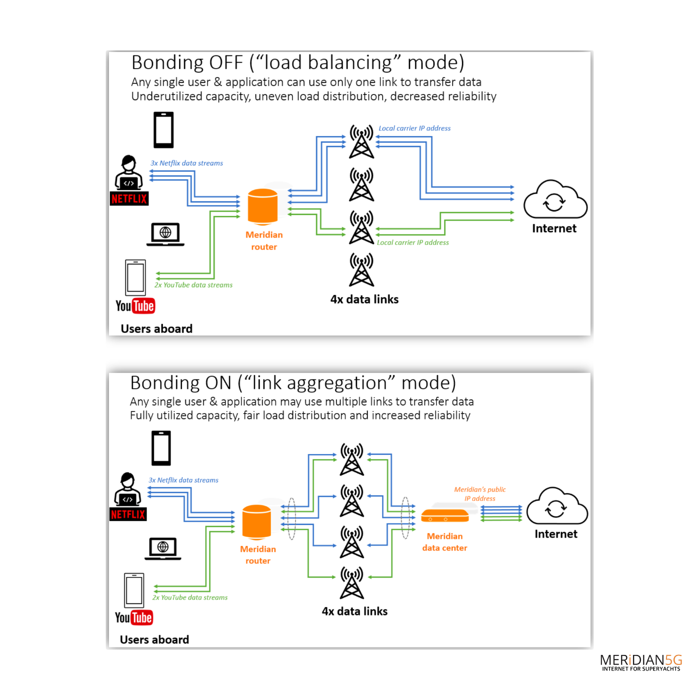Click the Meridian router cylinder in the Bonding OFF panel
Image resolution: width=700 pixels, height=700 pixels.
coord(262,206)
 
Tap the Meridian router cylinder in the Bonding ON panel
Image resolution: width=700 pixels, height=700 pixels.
coord(256,522)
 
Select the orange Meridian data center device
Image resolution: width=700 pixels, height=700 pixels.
coord(444,515)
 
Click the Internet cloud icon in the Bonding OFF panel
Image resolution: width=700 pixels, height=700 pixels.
coord(555,200)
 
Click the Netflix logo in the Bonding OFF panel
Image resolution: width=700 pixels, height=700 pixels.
coord(129,198)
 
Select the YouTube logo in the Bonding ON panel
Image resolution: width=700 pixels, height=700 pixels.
coord(134,617)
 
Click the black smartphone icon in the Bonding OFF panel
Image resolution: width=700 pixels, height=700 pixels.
coord(163,130)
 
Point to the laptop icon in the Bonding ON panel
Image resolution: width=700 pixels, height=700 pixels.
coord(163,548)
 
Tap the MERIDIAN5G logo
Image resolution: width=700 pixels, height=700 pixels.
coord(640,662)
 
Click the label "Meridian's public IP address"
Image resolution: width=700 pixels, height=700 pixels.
coord(479,494)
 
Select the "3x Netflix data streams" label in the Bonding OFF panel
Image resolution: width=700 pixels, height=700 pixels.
coord(186,163)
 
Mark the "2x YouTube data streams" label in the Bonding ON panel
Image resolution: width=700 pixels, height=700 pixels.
coord(190,597)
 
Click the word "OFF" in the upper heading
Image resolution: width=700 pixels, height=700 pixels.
coord(226,63)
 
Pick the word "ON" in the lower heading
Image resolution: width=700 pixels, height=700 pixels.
coord(218,383)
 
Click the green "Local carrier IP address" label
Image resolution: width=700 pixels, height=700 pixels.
coord(412,242)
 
